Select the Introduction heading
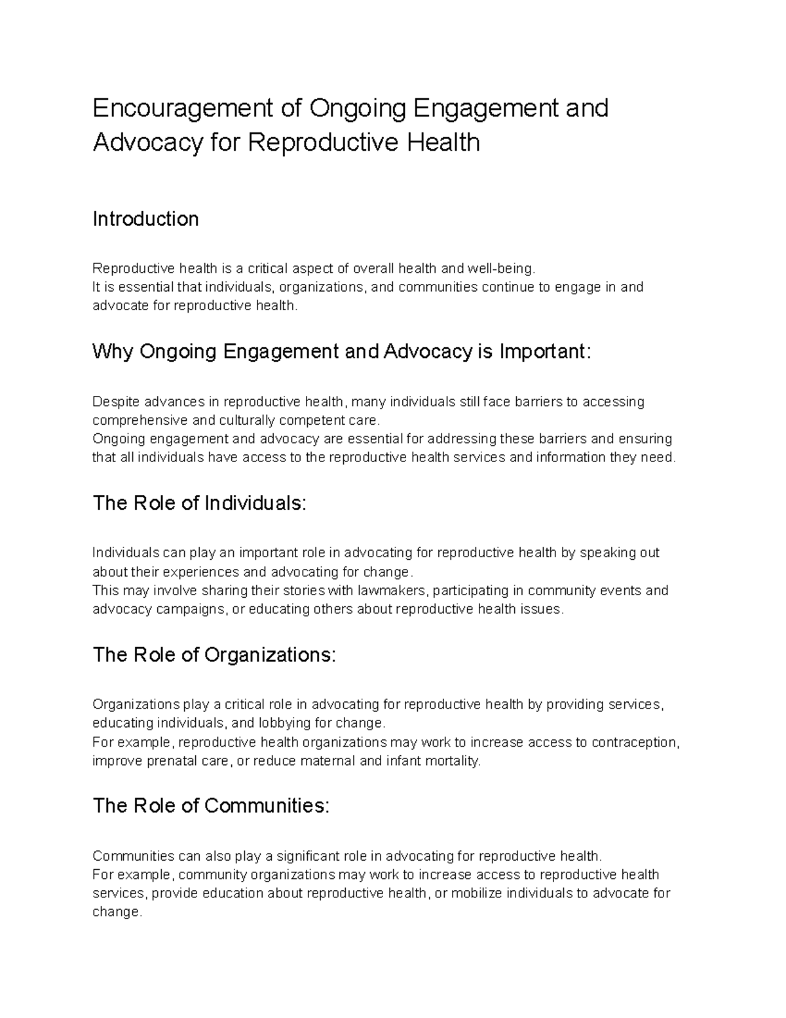(145, 219)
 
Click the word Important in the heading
(544, 352)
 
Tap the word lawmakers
(392, 591)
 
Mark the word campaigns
(189, 609)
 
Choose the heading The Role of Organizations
(214, 655)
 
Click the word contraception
(635, 742)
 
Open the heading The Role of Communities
(210, 806)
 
